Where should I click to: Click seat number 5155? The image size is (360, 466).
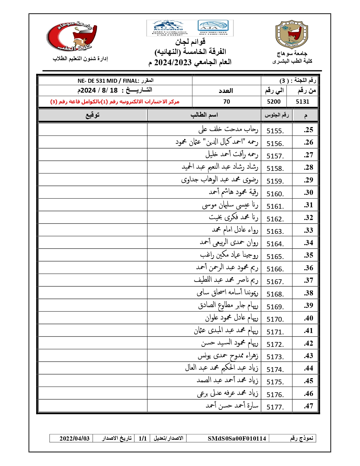click(275, 131)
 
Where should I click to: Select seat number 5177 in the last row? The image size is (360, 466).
click(275, 407)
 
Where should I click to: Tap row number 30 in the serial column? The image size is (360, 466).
click(308, 193)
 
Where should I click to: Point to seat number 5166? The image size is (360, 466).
click(275, 269)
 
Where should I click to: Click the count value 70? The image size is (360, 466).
click(226, 102)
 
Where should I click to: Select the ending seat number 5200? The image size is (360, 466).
click(274, 102)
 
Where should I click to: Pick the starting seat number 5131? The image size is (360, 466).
click(302, 102)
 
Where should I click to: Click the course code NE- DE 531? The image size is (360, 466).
click(97, 81)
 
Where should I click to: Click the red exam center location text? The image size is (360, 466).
click(115, 102)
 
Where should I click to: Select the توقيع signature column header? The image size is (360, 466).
click(93, 115)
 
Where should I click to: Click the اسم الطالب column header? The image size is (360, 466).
click(204, 115)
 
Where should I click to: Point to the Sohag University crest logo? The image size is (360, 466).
click(292, 34)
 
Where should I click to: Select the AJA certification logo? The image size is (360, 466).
click(213, 27)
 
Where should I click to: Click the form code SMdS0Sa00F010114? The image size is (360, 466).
click(237, 438)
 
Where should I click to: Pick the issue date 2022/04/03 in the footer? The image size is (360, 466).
click(74, 438)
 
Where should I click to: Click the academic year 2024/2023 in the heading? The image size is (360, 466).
click(173, 62)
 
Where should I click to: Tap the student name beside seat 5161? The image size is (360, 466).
click(230, 205)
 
